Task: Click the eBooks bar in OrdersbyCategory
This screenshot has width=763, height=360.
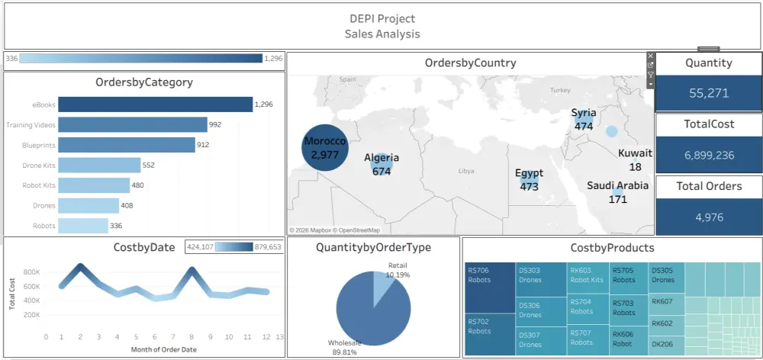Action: pyautogui.click(x=155, y=104)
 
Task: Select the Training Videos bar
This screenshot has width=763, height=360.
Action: pyautogui.click(x=132, y=124)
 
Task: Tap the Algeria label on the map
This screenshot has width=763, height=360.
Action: pyautogui.click(x=381, y=158)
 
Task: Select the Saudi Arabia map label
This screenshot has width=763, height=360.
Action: pyautogui.click(x=617, y=185)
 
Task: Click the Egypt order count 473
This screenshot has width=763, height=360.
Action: pyautogui.click(x=529, y=186)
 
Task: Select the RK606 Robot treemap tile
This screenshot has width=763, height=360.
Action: pyautogui.click(x=629, y=339)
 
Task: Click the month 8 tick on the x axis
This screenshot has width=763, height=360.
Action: pyautogui.click(x=192, y=336)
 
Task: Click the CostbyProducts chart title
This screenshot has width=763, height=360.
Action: pyautogui.click(x=612, y=248)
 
